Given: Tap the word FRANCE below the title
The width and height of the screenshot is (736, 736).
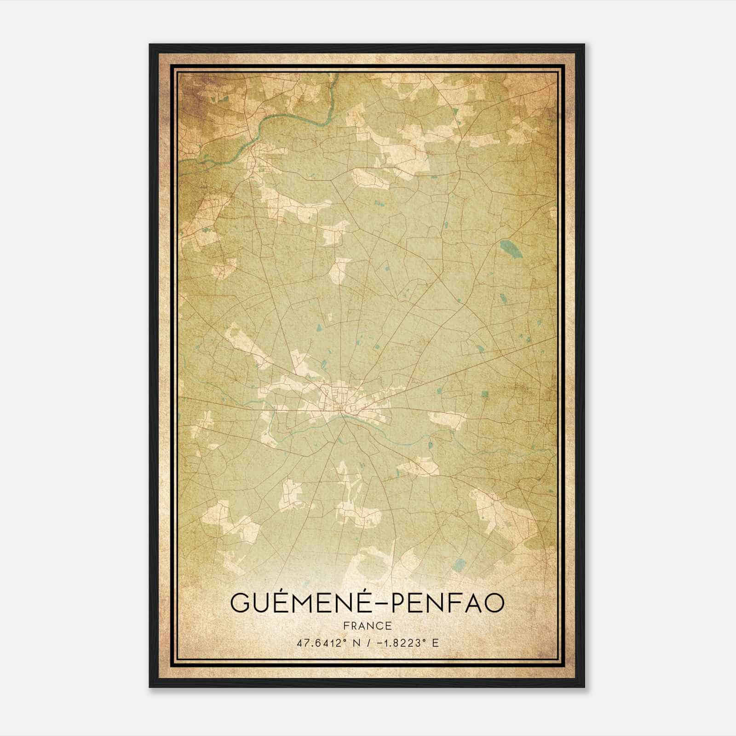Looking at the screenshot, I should (x=367, y=626).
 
